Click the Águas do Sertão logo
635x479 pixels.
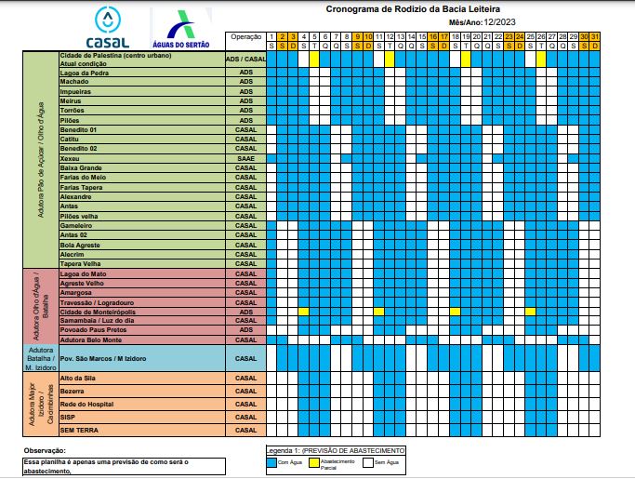180,28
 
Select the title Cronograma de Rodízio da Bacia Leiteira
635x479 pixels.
426,8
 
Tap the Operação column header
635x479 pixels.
245,36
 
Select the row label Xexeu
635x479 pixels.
70,159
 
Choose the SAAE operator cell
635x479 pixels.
245,159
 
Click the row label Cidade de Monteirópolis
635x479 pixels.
98,313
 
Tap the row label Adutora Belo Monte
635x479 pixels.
91,339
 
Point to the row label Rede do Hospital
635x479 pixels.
86,405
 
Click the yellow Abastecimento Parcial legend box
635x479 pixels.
313,460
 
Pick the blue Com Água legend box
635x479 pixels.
272,460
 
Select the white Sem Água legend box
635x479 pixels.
366,460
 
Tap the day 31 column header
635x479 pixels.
595,36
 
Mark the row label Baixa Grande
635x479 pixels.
81,167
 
